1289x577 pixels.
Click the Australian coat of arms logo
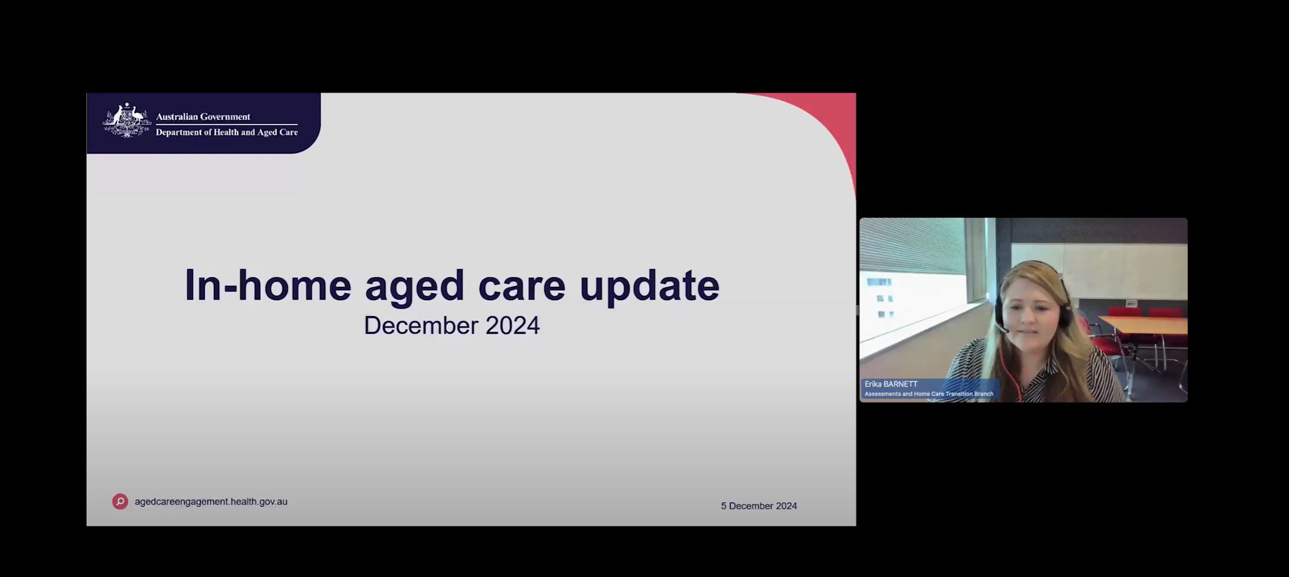[x=127, y=121]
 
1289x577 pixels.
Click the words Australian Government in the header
[x=203, y=117]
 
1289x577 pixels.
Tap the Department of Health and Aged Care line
[x=226, y=132]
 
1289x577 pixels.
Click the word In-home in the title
[x=267, y=285]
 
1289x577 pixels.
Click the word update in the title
[x=649, y=286]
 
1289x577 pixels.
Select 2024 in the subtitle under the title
[x=512, y=326]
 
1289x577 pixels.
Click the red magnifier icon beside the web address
[x=120, y=501]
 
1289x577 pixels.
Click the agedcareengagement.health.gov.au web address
[x=211, y=502]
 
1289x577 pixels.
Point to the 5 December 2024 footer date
[x=759, y=506]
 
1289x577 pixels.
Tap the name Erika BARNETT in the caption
[x=890, y=384]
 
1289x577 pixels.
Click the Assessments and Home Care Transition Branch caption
[x=928, y=394]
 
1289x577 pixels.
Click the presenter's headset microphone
[x=1003, y=329]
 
